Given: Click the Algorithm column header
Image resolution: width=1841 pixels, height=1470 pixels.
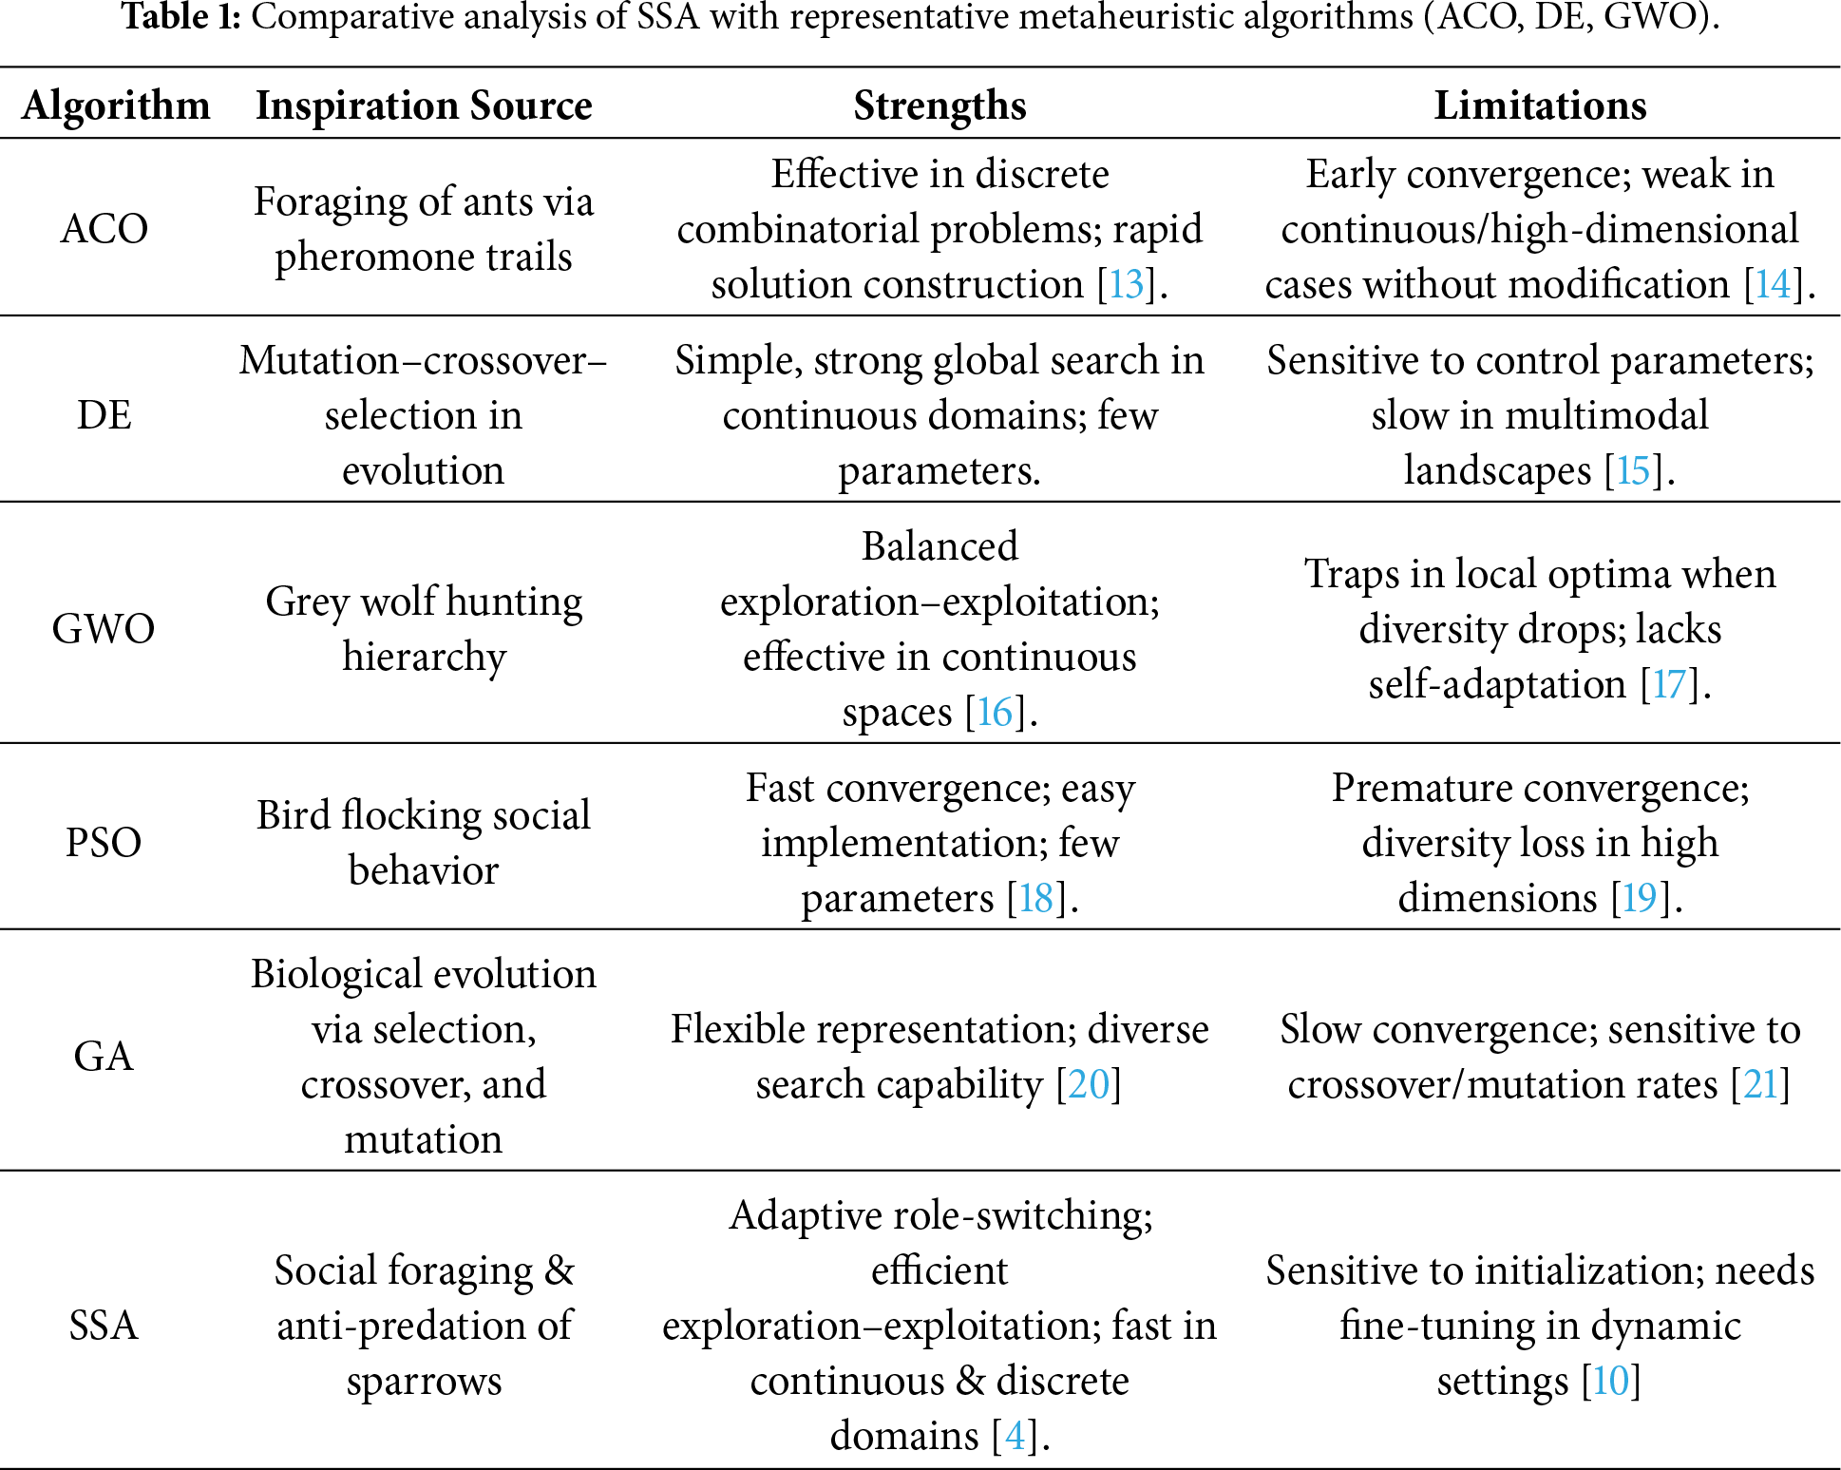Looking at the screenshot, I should pos(116,105).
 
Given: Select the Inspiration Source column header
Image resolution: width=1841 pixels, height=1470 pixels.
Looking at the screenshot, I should pos(424,105).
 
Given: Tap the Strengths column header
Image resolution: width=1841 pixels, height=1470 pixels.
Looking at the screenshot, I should pos(939,105).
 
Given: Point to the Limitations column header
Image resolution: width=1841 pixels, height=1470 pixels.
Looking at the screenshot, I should pos(1540,105).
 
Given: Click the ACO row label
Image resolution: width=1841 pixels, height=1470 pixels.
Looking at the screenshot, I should pos(104,229).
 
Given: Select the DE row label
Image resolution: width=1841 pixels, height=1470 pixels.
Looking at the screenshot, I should pos(104,415).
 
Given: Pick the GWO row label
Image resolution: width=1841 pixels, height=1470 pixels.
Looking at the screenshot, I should pos(104,629).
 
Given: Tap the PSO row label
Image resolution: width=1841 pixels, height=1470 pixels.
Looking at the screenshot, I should pos(104,843).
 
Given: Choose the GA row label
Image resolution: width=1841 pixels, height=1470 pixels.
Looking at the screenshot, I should pos(104,1057).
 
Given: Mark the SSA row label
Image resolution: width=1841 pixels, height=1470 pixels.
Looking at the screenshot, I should pos(104,1326).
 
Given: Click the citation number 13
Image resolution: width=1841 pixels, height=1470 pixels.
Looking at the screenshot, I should pos(1127,284).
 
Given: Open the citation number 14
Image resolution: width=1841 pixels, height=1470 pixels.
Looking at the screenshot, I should pos(1773,284).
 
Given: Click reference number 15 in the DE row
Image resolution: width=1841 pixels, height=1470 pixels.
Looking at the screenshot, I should pos(1633,470).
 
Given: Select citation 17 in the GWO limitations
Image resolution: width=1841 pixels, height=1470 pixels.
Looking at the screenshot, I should pos(1669,684).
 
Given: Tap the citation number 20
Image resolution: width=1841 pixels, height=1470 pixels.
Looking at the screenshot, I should pos(1089,1084).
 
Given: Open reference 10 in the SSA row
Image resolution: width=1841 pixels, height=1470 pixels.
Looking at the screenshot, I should pos(1610,1381).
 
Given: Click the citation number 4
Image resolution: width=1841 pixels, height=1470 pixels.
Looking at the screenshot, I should pos(1015,1436).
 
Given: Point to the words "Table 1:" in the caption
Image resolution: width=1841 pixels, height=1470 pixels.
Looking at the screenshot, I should pos(181,17).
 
